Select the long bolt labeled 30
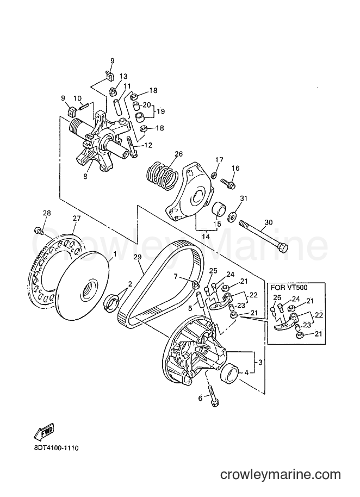coord(263,236)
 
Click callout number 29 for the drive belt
coord(137,257)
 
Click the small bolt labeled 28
coord(39,230)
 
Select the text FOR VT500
coord(289,288)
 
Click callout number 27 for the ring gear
coord(77,219)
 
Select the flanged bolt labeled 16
coord(229,183)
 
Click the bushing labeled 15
coord(219,209)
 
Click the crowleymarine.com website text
coord(281,475)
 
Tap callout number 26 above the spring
coord(179,154)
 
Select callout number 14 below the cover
coord(206,237)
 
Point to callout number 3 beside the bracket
coord(260,362)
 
